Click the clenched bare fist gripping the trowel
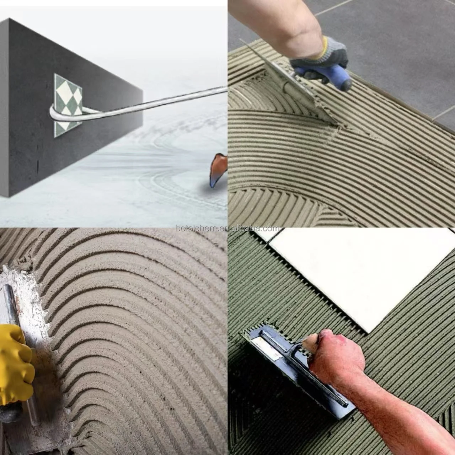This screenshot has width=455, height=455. tap(334, 352)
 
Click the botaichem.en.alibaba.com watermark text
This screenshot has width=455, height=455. tap(227, 229)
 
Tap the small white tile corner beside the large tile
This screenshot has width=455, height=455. tap(267, 235)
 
